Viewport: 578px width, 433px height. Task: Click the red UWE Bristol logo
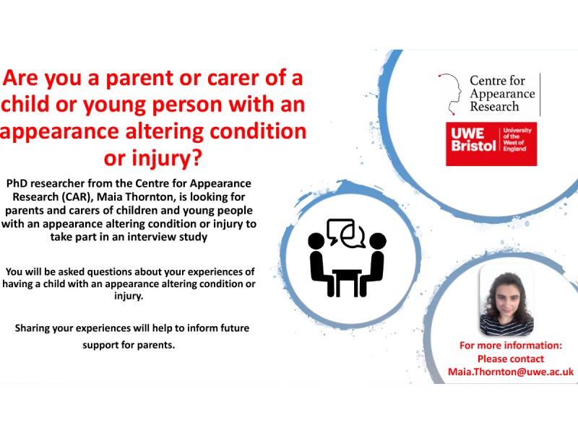(x=491, y=144)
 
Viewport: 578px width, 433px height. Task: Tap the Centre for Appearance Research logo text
(x=502, y=94)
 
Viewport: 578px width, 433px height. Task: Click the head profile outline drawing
(x=450, y=94)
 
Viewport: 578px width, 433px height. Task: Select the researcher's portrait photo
(x=506, y=300)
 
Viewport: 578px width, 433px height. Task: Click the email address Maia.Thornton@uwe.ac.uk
(x=511, y=372)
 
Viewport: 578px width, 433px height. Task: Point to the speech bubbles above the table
(x=346, y=233)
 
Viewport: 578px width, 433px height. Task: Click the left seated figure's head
(x=316, y=241)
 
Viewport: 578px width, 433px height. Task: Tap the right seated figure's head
(x=377, y=241)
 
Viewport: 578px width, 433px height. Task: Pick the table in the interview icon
(x=347, y=282)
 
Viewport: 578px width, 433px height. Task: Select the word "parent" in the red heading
(x=139, y=79)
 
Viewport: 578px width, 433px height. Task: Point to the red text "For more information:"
(x=511, y=346)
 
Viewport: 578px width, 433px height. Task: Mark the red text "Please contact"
(x=511, y=359)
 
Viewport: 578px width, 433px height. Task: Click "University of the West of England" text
(x=517, y=139)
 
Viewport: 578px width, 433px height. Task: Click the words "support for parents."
(x=129, y=346)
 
